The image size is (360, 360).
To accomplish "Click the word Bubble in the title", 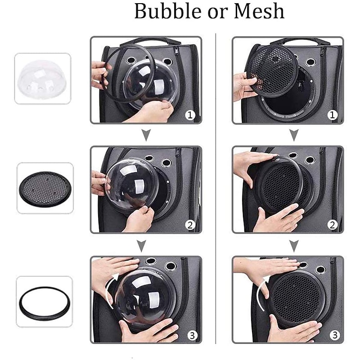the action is (168, 11).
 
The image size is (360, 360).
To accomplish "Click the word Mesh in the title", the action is (259, 11).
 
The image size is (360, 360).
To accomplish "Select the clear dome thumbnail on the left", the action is (42, 78).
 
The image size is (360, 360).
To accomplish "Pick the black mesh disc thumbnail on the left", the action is (45, 188).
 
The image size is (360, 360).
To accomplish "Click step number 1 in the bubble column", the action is (190, 115).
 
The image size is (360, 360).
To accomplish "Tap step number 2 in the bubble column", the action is (190, 225).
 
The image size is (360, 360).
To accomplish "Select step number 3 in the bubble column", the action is (193, 335).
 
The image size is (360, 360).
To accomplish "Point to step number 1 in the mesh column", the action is (332, 115).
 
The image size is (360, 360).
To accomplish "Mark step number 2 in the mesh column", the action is (332, 225).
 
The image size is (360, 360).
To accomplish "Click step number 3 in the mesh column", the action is (335, 335).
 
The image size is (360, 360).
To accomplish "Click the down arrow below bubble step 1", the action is (146, 135).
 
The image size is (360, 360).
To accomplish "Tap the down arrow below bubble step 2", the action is (142, 245).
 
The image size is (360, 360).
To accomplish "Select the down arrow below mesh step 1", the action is (294, 135).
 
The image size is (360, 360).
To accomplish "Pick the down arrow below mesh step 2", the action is (294, 245).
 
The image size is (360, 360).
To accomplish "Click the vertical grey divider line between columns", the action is (216, 189).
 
